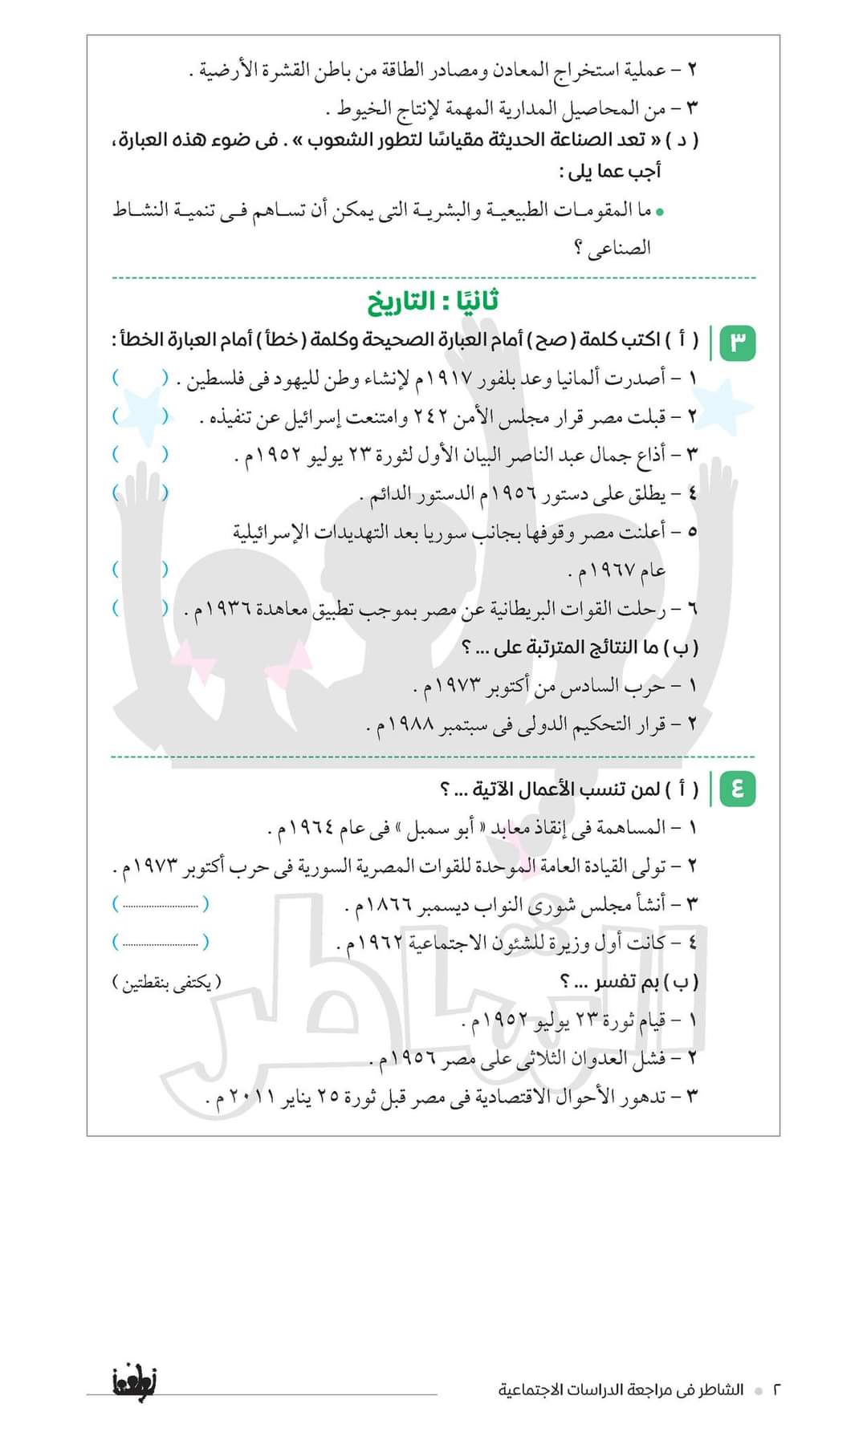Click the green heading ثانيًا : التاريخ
coord(433,302)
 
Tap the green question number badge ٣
coord(738,342)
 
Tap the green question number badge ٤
coord(738,789)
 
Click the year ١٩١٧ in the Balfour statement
coord(441,378)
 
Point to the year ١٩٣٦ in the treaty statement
coord(230,611)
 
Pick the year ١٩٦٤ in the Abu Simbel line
coord(311,828)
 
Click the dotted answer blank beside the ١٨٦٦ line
coord(161,905)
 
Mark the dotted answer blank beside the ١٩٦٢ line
coord(161,942)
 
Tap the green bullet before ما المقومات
coord(659,213)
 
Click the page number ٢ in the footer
coord(776,1389)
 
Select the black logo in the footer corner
coord(130,1381)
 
